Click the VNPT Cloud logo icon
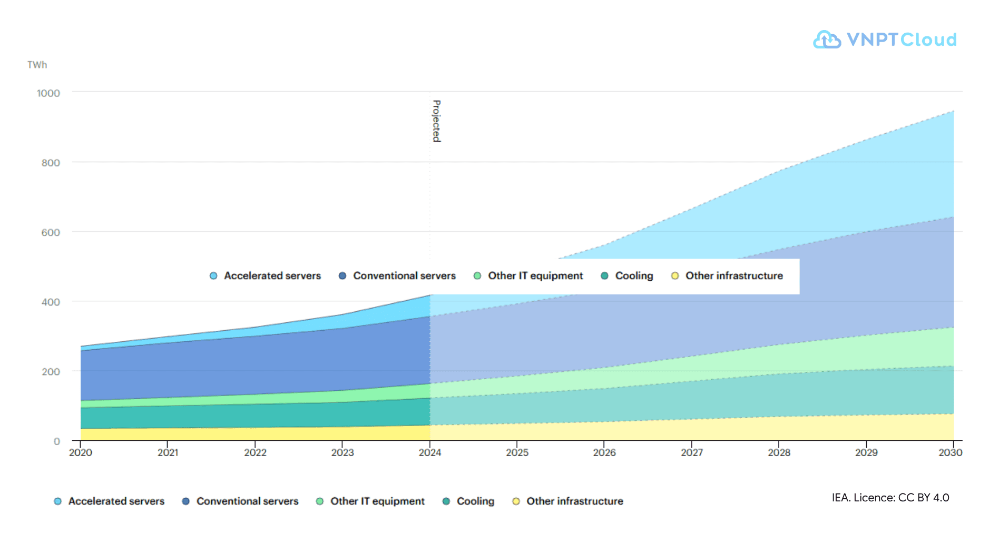pyautogui.click(x=827, y=39)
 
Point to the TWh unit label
pyautogui.click(x=37, y=65)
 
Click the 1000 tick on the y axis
pyautogui.click(x=48, y=93)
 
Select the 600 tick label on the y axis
pyautogui.click(x=51, y=232)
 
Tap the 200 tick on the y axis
pyautogui.click(x=51, y=372)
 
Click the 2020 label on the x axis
pyautogui.click(x=81, y=452)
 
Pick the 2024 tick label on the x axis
pyautogui.click(x=430, y=452)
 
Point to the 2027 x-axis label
pyautogui.click(x=692, y=452)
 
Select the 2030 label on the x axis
pyautogui.click(x=951, y=452)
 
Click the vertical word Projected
pyautogui.click(x=436, y=121)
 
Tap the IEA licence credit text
pyautogui.click(x=890, y=498)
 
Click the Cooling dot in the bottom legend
pyautogui.click(x=446, y=501)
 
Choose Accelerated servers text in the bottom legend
pyautogui.click(x=116, y=501)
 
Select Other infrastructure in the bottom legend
pyautogui.click(x=575, y=501)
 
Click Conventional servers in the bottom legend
pyautogui.click(x=248, y=501)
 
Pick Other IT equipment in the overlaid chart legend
pyautogui.click(x=535, y=276)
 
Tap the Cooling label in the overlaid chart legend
pyautogui.click(x=634, y=276)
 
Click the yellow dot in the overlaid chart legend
pyautogui.click(x=675, y=276)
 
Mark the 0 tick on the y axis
pyautogui.click(x=57, y=441)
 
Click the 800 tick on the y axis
pyautogui.click(x=51, y=163)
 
